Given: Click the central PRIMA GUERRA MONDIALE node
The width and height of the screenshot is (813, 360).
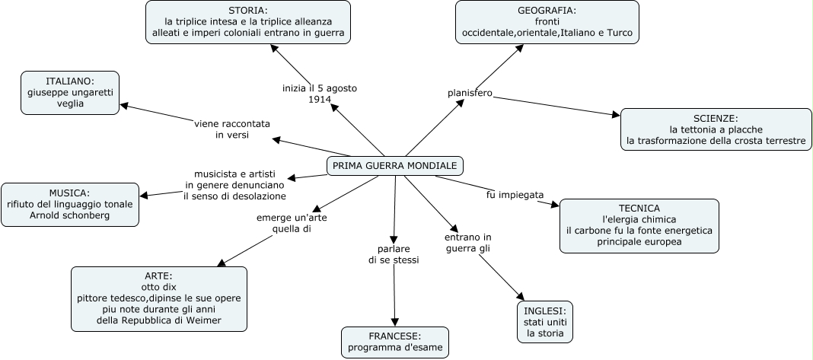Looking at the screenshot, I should [x=394, y=165].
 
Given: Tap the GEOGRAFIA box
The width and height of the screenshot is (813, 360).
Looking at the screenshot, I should [x=547, y=22].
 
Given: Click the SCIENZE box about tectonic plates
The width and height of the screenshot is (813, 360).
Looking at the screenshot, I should [x=716, y=129].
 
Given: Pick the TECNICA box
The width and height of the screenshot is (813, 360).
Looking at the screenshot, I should [x=639, y=226].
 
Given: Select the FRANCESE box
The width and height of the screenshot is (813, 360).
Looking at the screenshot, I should [x=394, y=342].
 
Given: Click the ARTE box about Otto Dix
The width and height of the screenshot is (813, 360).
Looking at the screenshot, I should [x=159, y=298].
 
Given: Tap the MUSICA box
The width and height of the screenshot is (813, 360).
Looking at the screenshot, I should [x=70, y=204].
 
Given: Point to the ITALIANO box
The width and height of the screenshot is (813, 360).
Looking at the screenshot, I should [x=69, y=93].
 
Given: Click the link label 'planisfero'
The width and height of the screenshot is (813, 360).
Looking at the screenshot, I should [x=470, y=94].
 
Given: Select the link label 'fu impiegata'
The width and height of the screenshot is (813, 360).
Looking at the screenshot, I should [x=515, y=195].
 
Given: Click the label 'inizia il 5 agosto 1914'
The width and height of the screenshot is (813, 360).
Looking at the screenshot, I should [x=319, y=94].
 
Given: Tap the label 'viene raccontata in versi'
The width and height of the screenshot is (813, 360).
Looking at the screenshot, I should [x=232, y=129].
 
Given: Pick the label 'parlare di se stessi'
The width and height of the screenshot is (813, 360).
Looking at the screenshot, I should [x=394, y=254].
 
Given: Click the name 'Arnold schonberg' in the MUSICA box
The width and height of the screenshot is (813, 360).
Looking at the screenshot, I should [x=70, y=215].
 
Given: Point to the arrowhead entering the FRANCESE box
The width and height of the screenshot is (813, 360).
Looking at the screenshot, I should [x=394, y=323].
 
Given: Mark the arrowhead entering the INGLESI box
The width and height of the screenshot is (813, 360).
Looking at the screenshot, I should [x=521, y=298].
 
